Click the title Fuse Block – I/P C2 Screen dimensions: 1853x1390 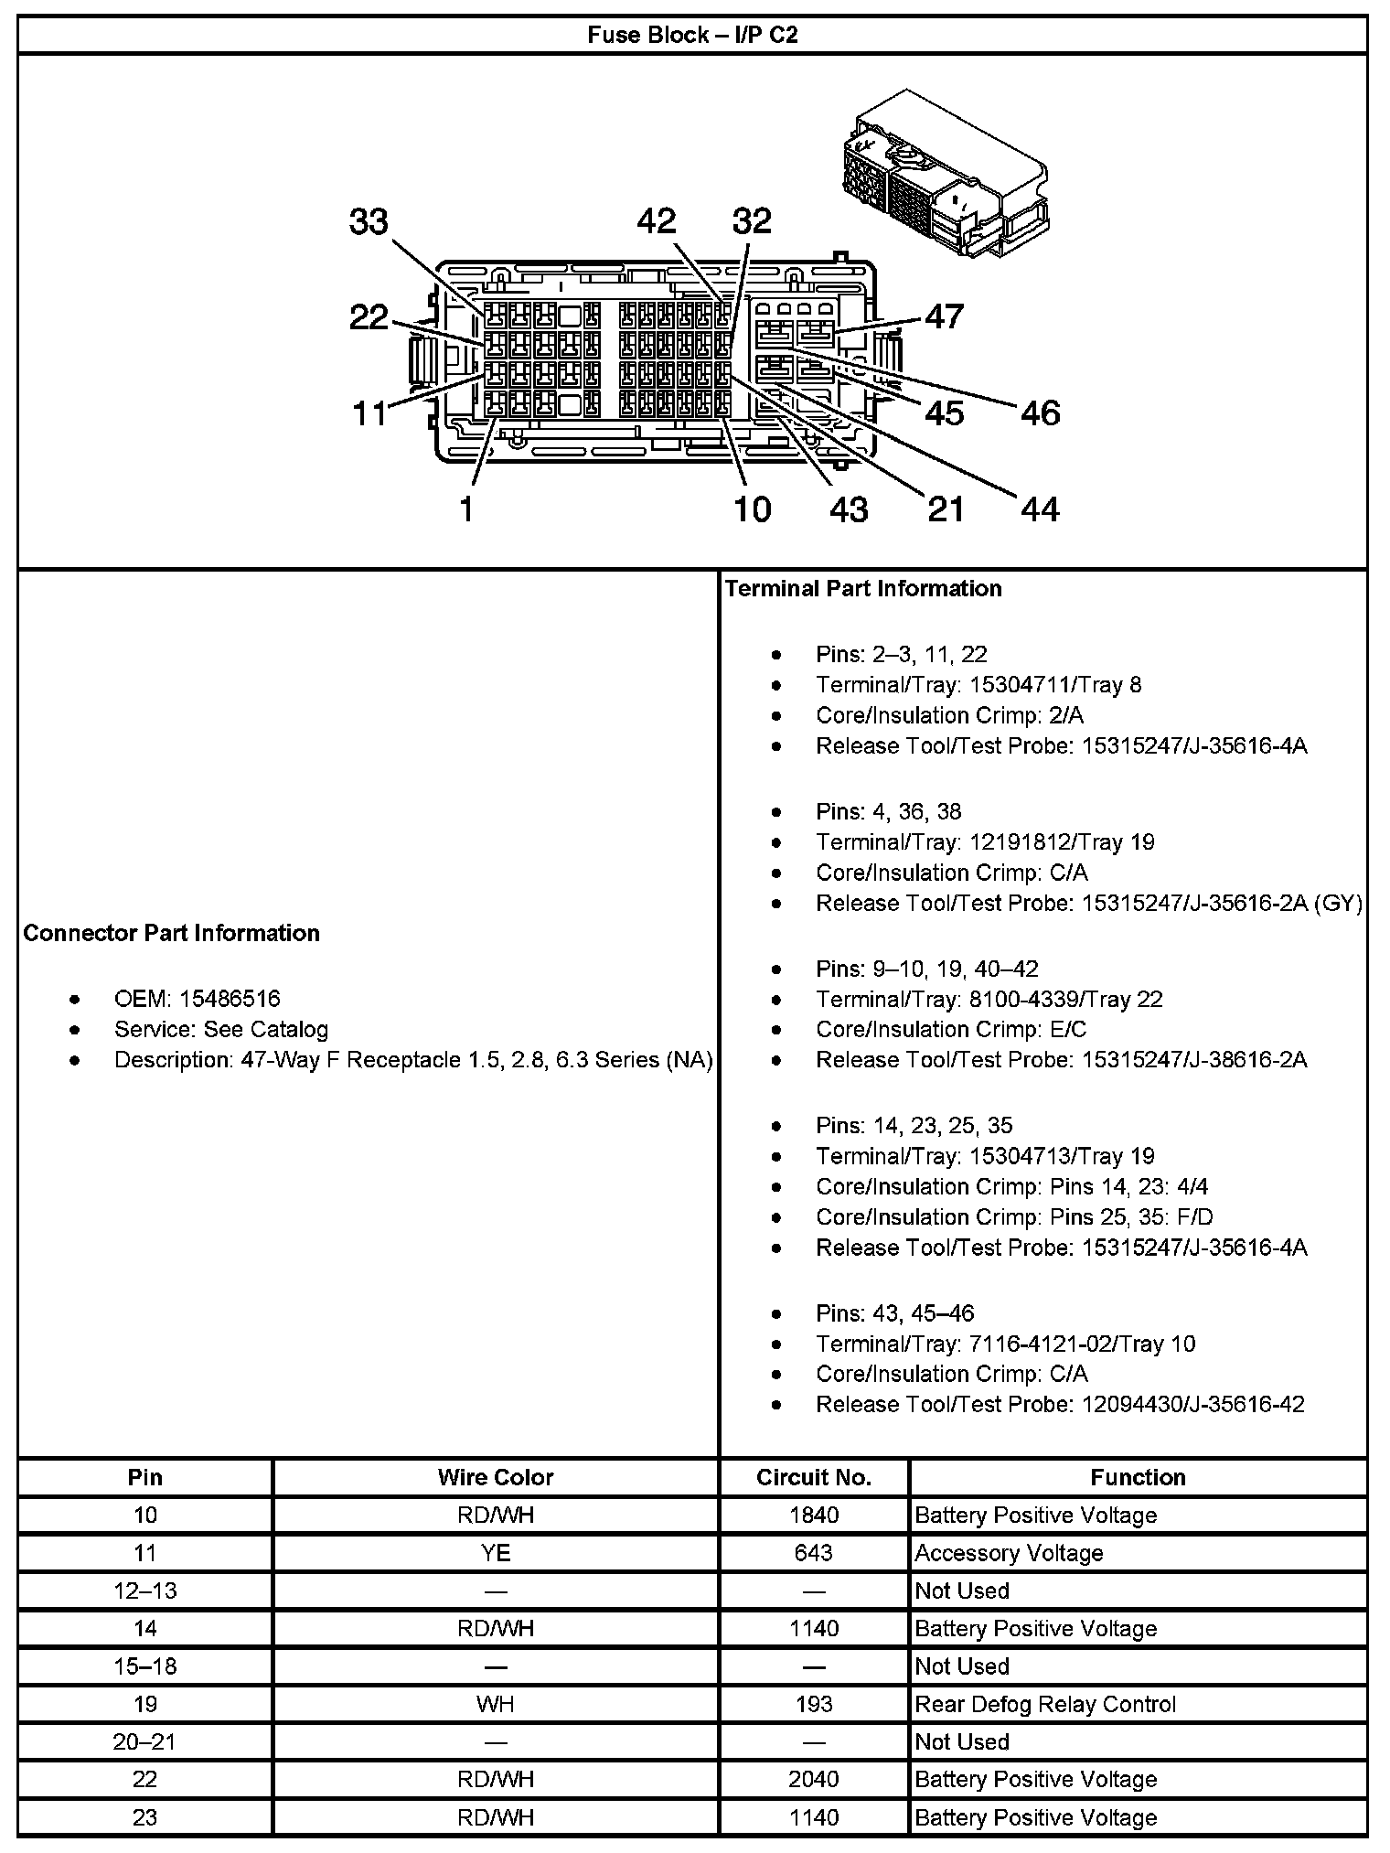click(x=692, y=36)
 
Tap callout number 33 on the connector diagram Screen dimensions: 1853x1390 click(x=369, y=222)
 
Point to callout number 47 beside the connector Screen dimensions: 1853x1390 click(x=945, y=316)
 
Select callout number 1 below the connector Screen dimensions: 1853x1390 click(x=466, y=509)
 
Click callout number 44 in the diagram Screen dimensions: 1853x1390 click(x=1040, y=509)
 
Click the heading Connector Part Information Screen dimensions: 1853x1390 click(x=172, y=933)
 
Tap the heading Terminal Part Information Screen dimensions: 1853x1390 click(x=863, y=588)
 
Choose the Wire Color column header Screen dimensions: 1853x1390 click(x=496, y=1477)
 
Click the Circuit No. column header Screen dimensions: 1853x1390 click(x=814, y=1477)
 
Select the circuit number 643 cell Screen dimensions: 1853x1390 click(x=814, y=1553)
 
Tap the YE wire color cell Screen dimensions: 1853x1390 click(x=496, y=1553)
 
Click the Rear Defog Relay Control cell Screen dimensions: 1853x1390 click(x=1045, y=1704)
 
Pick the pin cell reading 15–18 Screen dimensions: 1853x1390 click(x=144, y=1666)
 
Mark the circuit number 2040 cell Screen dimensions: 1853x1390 click(x=814, y=1779)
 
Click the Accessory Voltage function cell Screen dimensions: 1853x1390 click(x=1009, y=1553)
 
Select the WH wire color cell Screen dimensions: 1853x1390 click(x=496, y=1704)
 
